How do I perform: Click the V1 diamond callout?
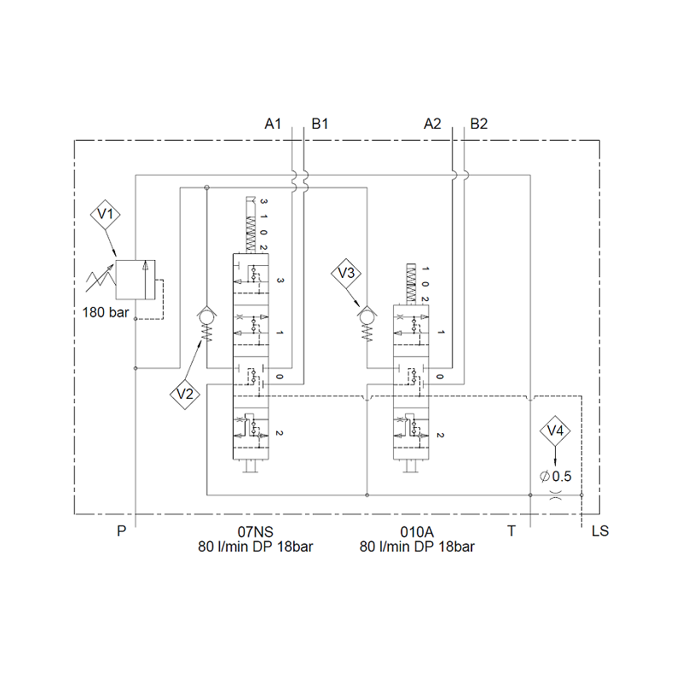[x=105, y=214]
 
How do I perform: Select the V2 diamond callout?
[x=185, y=394]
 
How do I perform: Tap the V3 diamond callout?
[x=346, y=273]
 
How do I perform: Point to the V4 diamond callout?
[x=555, y=431]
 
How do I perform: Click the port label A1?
[x=273, y=124]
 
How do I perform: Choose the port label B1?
[x=320, y=124]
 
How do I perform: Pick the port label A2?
[x=432, y=124]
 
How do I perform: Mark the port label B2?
[x=479, y=124]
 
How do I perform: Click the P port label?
[x=122, y=530]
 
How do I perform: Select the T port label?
[x=511, y=530]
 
